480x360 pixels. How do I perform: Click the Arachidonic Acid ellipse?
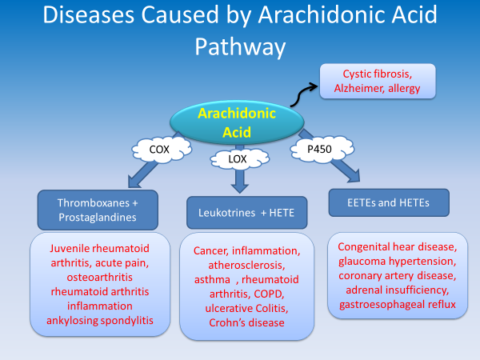pyautogui.click(x=237, y=121)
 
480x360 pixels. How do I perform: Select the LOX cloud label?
pyautogui.click(x=238, y=159)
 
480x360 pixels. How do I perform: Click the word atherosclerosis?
pyautogui.click(x=240, y=265)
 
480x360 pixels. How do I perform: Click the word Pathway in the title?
pyautogui.click(x=240, y=46)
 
